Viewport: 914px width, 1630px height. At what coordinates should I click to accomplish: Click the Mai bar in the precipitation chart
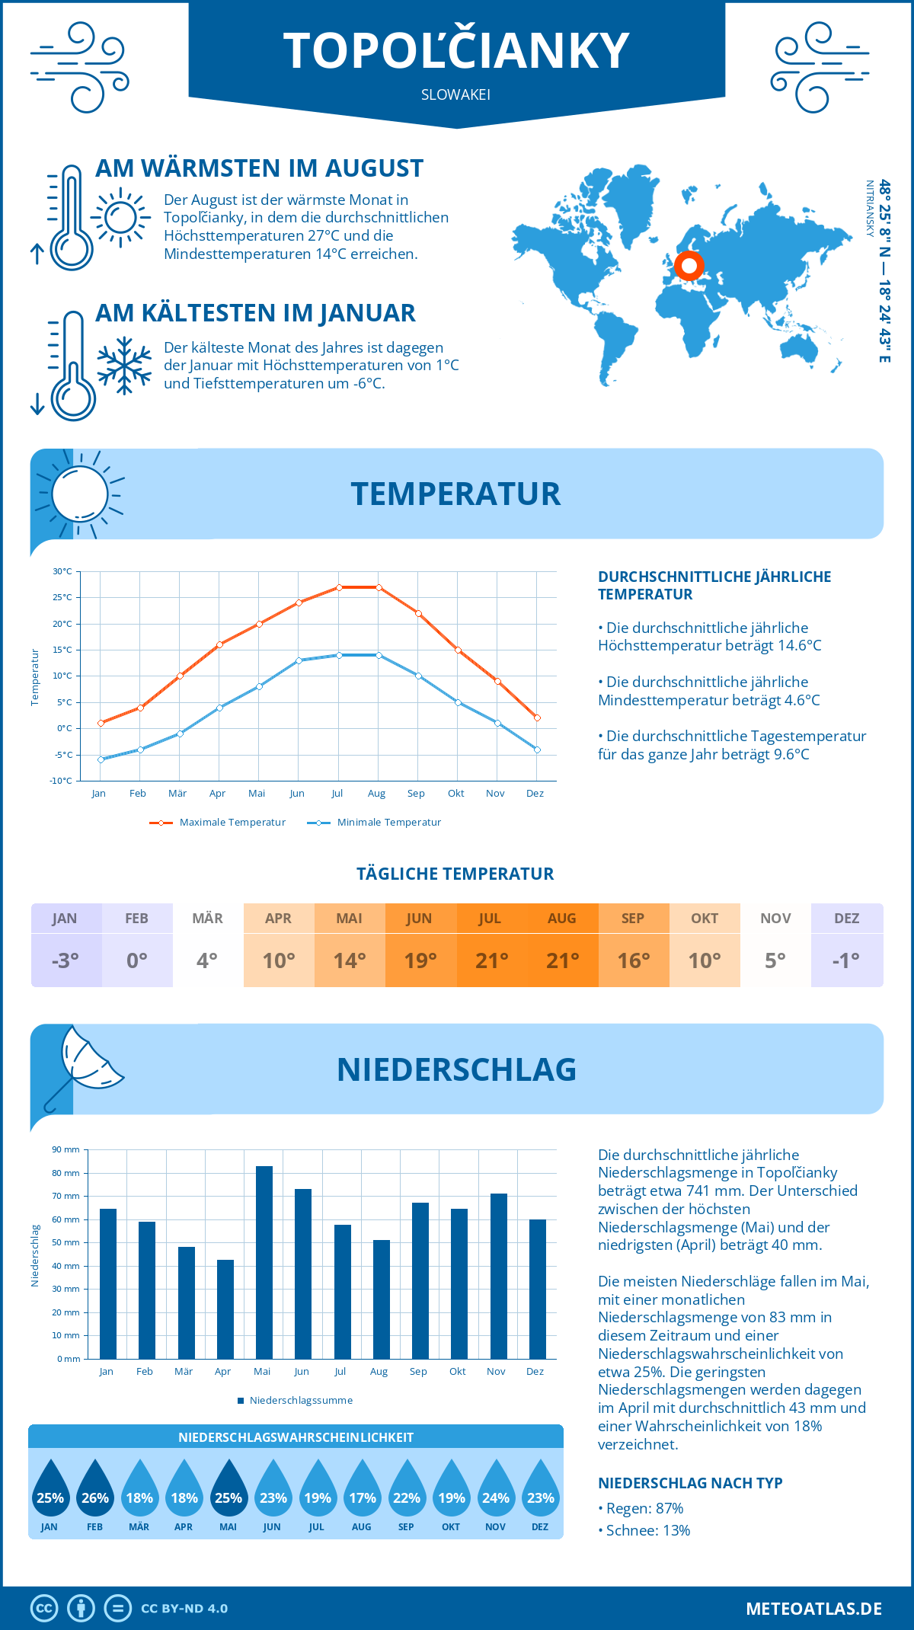click(264, 1262)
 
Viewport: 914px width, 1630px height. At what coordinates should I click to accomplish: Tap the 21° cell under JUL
click(491, 960)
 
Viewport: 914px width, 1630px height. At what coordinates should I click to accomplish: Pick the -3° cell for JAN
click(66, 960)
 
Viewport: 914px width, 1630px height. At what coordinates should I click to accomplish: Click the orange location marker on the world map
click(689, 266)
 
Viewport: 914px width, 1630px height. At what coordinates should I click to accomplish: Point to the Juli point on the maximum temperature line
click(339, 587)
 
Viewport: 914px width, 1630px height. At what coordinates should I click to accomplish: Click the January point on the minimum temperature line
click(101, 759)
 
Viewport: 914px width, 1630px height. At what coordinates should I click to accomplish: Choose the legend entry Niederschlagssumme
click(300, 1400)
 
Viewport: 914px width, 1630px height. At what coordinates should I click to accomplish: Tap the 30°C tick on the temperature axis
click(62, 571)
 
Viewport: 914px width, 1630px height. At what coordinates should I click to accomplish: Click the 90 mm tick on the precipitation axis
click(66, 1149)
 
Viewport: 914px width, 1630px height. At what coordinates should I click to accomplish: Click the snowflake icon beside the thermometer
click(124, 366)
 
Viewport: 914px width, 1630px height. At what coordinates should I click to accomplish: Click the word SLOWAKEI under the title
click(455, 95)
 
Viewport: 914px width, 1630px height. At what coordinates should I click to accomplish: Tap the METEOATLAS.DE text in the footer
click(813, 1609)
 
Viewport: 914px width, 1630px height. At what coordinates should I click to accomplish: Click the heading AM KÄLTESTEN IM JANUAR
click(255, 313)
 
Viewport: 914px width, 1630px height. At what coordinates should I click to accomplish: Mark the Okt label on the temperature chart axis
click(455, 794)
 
